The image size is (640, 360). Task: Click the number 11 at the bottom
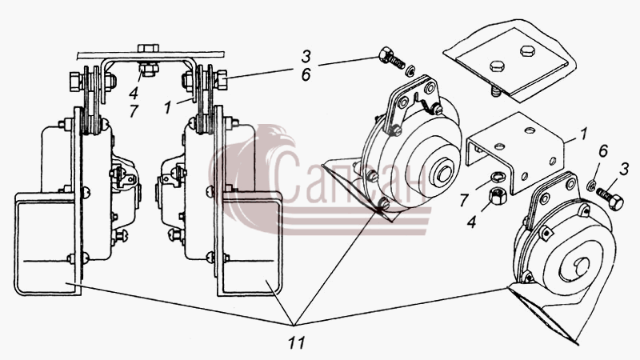[296, 342]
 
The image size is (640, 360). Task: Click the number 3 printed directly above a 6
[306, 56]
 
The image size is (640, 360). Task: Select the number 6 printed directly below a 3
[306, 74]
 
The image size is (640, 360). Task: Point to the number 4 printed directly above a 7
[134, 93]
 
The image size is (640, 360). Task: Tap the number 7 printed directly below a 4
[134, 110]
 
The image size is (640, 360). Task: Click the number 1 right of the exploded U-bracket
[584, 134]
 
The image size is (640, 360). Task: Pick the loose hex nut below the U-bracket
[498, 196]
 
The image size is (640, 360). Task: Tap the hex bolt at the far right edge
[610, 198]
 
